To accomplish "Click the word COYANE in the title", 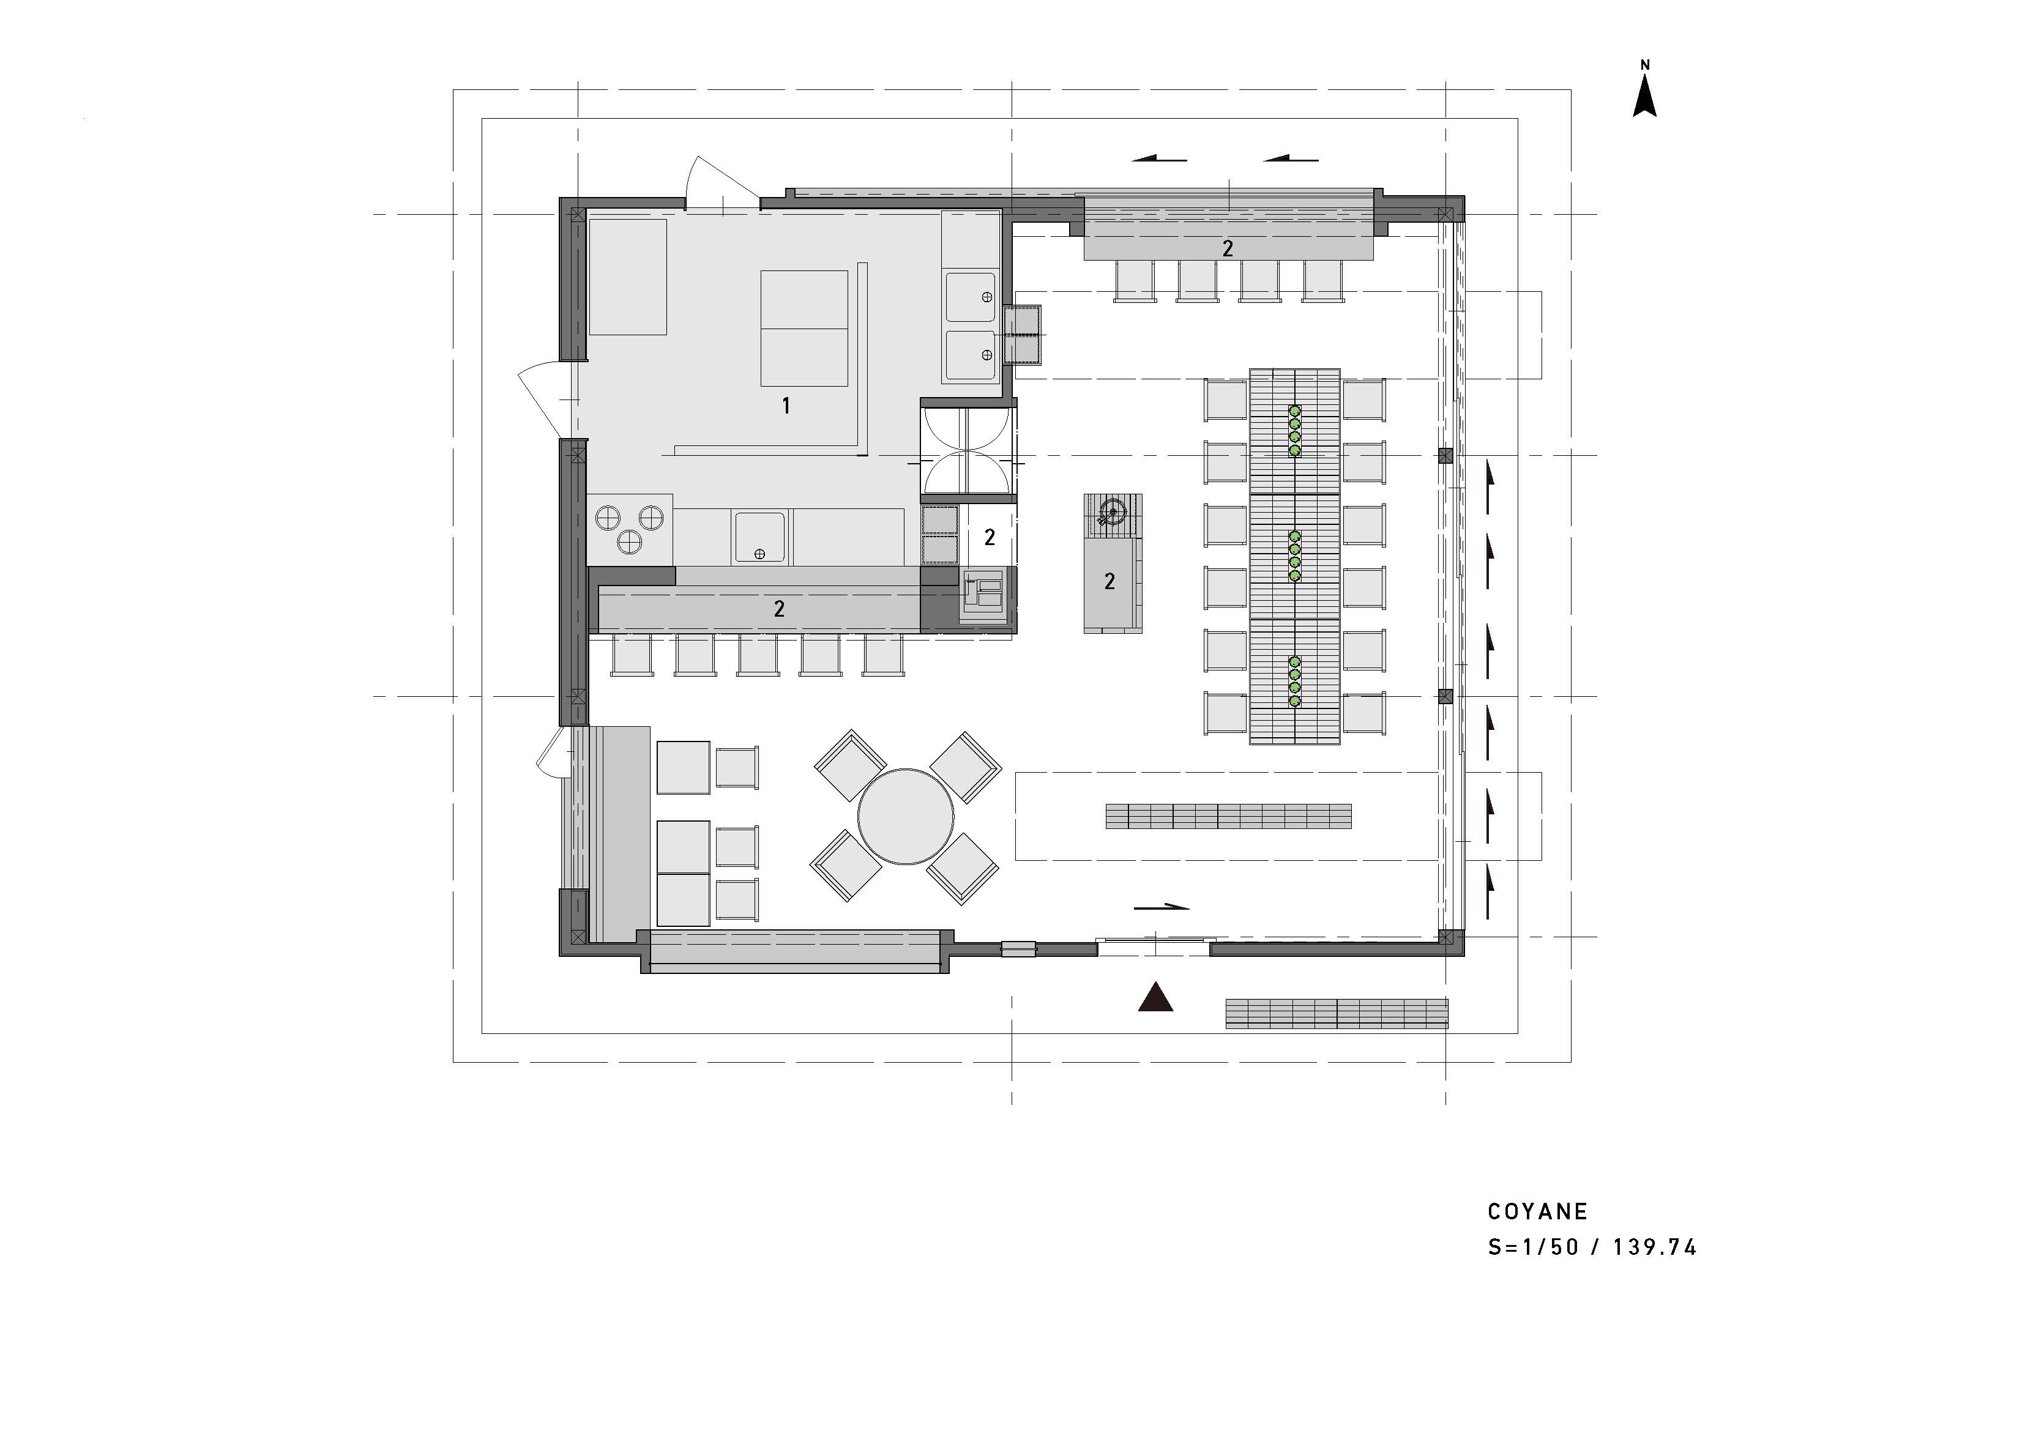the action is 1537,1211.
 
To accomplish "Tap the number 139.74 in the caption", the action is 1655,1247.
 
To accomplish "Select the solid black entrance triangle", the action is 1155,997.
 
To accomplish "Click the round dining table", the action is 906,816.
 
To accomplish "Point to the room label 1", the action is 786,406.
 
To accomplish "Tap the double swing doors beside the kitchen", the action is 968,450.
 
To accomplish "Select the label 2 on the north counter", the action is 1228,248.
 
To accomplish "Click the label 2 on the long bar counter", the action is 779,608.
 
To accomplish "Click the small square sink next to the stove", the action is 758,537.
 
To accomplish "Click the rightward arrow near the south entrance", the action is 1161,907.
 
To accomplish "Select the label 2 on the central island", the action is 1109,581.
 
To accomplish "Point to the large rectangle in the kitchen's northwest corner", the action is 627,277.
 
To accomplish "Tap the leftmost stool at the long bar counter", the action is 632,656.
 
